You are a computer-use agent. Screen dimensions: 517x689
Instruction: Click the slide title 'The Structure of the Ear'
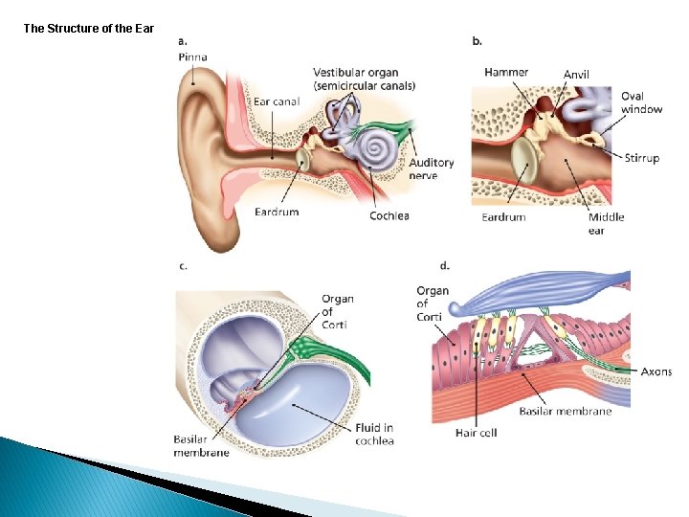coord(88,29)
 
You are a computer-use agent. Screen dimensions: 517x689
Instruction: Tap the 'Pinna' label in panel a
coord(192,57)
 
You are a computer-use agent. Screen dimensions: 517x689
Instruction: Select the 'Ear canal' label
coord(277,101)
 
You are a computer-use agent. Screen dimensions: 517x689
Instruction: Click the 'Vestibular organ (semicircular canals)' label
coord(364,79)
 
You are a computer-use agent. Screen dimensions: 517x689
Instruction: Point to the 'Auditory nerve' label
coord(431,169)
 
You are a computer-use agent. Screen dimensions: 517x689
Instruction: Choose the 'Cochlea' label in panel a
coord(389,215)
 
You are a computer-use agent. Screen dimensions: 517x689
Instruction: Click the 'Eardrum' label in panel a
coord(277,212)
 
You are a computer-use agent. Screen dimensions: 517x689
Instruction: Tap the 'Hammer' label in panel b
coord(506,73)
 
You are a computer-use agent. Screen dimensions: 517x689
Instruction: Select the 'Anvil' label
coord(576,75)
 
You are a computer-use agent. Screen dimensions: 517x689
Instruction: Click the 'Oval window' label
coord(641,102)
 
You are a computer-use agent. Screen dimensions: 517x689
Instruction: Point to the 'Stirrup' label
coord(642,158)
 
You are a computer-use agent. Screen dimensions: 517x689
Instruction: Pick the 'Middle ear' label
coord(606,223)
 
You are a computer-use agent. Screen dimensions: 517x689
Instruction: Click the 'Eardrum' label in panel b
coord(503,217)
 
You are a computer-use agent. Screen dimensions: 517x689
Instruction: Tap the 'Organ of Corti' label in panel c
coord(338,312)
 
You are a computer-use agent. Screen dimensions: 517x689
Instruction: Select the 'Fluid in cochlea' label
coord(374,434)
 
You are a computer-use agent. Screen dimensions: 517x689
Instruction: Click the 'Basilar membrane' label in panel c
coord(201,445)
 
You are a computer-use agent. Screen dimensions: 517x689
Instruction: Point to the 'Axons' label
coord(656,371)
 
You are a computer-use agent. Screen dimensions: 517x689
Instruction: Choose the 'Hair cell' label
coord(476,433)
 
